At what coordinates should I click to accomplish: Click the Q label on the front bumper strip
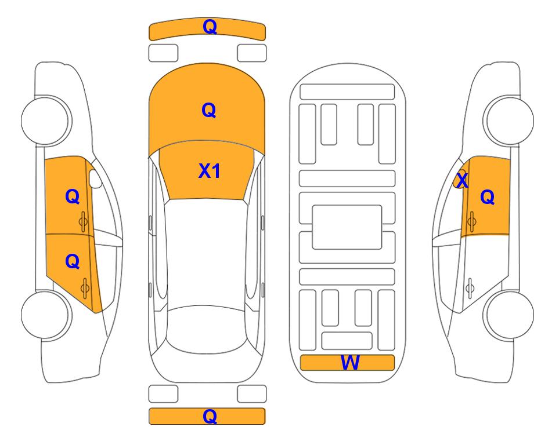[x=210, y=27]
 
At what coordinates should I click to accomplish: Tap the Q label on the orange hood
[x=209, y=110]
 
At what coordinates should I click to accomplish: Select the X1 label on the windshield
[x=210, y=171]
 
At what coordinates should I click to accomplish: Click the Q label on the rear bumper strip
[x=210, y=416]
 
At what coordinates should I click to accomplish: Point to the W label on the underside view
[x=349, y=363]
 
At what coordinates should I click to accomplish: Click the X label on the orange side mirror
[x=462, y=180]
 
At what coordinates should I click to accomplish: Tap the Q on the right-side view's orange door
[x=488, y=197]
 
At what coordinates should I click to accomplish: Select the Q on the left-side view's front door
[x=73, y=196]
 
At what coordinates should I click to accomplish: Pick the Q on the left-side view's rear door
[x=73, y=262]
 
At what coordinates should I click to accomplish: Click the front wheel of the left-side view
[x=46, y=121]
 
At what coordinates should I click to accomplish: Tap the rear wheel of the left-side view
[x=46, y=315]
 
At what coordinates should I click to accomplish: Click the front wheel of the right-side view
[x=508, y=121]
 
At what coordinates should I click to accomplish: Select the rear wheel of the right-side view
[x=509, y=315]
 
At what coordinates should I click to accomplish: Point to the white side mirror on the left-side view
[x=95, y=178]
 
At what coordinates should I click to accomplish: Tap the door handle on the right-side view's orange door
[x=471, y=221]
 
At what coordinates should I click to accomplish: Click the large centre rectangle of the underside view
[x=347, y=227]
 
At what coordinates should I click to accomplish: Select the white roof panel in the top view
[x=205, y=253]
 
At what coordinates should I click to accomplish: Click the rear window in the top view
[x=205, y=329]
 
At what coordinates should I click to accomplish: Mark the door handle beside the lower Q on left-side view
[x=84, y=289]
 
